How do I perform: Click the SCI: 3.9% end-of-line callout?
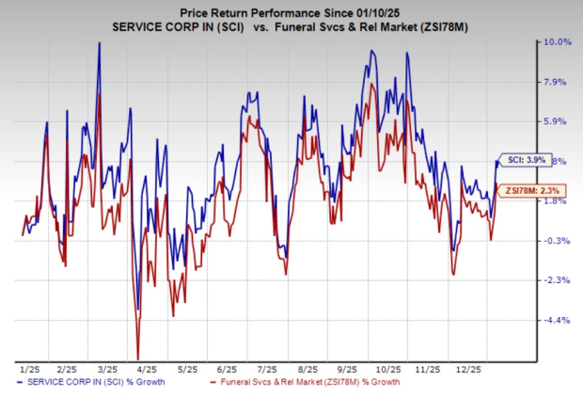pos(518,161)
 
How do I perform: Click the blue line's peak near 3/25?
pos(99,43)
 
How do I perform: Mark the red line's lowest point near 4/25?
pos(139,357)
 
